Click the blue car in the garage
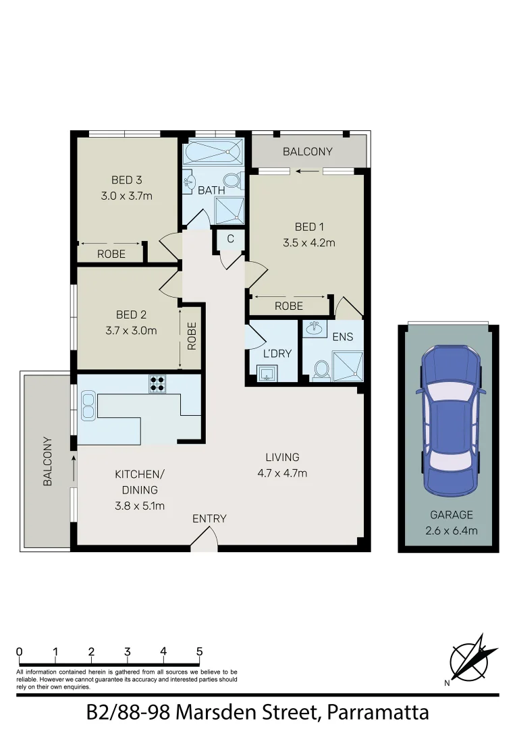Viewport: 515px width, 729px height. click(x=449, y=420)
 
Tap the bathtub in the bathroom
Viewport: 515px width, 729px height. click(x=213, y=152)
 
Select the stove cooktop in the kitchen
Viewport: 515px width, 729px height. click(x=157, y=383)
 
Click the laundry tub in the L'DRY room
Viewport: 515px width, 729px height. click(x=266, y=373)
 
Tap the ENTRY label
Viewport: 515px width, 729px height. click(x=209, y=518)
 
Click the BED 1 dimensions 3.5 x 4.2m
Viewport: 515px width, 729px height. click(x=309, y=242)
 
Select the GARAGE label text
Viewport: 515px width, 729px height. click(x=452, y=515)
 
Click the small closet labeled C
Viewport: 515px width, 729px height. click(x=230, y=238)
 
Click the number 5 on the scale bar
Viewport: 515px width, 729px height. click(x=200, y=651)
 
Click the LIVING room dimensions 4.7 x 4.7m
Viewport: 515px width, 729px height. click(x=282, y=473)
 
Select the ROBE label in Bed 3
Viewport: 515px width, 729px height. click(x=111, y=254)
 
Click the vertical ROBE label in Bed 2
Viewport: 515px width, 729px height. click(x=192, y=335)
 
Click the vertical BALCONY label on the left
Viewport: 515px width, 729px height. click(x=48, y=462)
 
